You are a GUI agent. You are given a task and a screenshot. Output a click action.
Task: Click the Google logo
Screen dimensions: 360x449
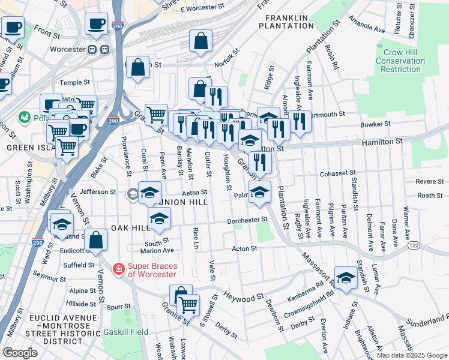coord(20,352)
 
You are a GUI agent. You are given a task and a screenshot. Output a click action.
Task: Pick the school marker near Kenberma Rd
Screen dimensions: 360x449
coord(346,277)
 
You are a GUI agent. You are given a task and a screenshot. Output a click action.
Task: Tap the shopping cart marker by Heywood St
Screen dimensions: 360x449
coord(188,304)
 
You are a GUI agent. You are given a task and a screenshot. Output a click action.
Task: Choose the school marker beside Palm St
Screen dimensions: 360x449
coord(259,192)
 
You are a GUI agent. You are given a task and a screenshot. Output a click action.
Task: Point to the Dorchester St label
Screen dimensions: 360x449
coord(246,221)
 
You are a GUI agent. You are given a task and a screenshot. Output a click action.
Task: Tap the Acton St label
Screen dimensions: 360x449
coord(245,248)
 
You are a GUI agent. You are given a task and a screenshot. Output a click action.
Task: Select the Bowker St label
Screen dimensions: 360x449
coord(376,125)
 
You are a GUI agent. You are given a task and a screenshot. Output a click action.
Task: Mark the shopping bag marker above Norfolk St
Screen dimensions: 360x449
coord(201,40)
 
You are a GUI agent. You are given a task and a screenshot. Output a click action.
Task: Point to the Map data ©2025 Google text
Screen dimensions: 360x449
coord(411,355)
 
